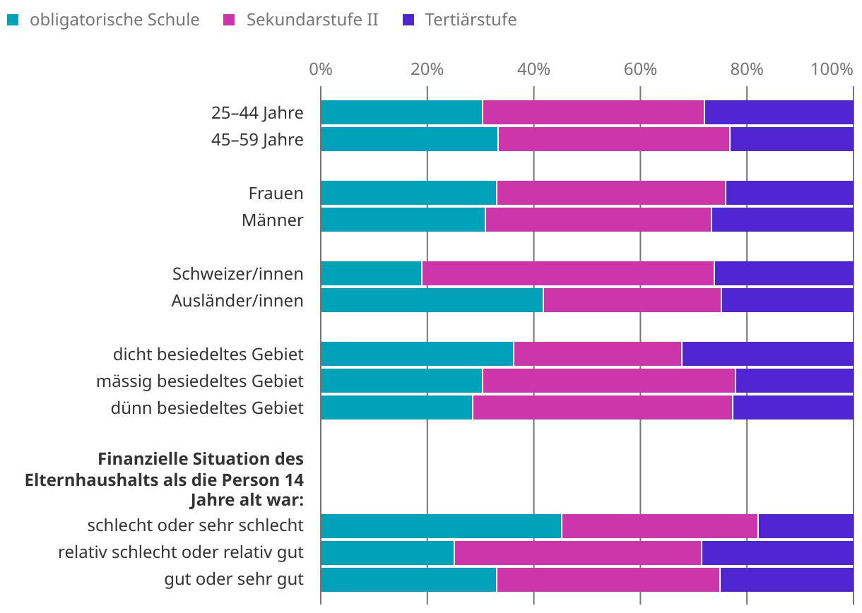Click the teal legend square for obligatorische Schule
pos(12,20)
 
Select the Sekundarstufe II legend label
pos(312,20)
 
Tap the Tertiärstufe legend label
pos(470,20)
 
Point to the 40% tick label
pos(533,69)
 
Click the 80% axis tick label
pos(747,69)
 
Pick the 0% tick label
pos(321,69)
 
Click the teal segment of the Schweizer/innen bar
pos(371,273)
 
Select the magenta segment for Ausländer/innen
pos(632,301)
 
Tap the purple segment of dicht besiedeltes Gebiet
pos(767,354)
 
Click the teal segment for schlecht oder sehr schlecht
pos(441,526)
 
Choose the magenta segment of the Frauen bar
pos(610,193)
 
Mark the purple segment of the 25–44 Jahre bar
pos(779,112)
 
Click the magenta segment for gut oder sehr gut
pos(608,580)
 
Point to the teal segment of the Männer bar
pos(403,220)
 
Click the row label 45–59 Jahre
pos(257,140)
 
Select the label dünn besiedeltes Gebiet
pos(207,407)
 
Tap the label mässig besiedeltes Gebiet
pos(200,381)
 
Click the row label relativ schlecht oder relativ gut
pos(181,552)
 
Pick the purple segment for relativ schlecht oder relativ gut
pos(777,553)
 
